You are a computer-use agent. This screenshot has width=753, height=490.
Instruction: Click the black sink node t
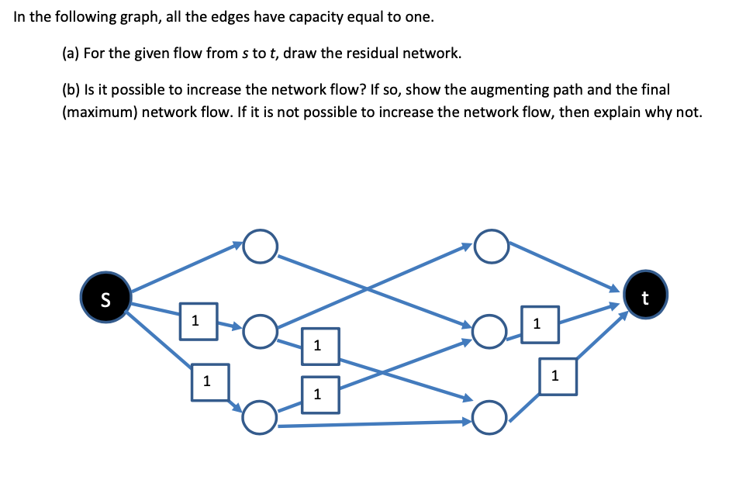pos(645,295)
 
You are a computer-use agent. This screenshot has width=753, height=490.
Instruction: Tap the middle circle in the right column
pos(490,331)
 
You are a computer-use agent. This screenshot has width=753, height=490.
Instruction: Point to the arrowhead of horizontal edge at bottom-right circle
pos(468,422)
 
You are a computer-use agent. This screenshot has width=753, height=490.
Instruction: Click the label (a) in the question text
pos(70,53)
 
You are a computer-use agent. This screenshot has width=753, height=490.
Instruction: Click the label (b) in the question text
pos(70,90)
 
